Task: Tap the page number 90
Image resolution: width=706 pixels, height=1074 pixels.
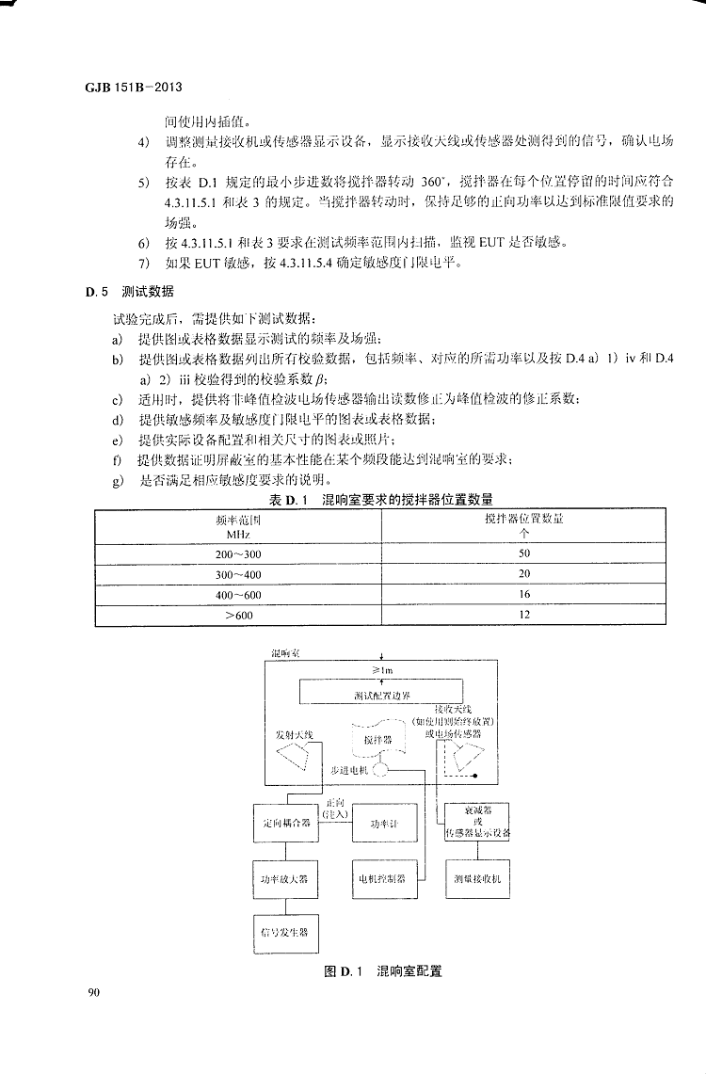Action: click(x=93, y=991)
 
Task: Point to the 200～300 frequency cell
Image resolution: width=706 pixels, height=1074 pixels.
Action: click(x=238, y=553)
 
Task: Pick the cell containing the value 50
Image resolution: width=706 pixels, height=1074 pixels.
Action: click(x=524, y=553)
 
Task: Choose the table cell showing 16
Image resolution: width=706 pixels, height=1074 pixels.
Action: click(x=524, y=594)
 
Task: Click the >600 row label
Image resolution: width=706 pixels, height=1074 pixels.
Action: click(x=238, y=615)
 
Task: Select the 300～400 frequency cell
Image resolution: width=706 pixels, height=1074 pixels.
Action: click(x=238, y=574)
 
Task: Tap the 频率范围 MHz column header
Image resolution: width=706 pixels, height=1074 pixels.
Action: click(x=238, y=526)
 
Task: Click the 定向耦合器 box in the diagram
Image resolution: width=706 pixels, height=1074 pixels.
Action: click(x=284, y=825)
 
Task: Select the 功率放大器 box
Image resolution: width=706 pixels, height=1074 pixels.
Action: click(x=284, y=879)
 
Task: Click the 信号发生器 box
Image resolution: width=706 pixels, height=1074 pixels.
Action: click(x=284, y=933)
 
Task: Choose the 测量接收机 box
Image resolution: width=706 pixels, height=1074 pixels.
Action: click(x=477, y=879)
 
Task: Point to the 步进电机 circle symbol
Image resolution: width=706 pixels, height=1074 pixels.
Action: click(x=379, y=771)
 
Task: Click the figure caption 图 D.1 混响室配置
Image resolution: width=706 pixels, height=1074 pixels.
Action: click(x=383, y=970)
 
